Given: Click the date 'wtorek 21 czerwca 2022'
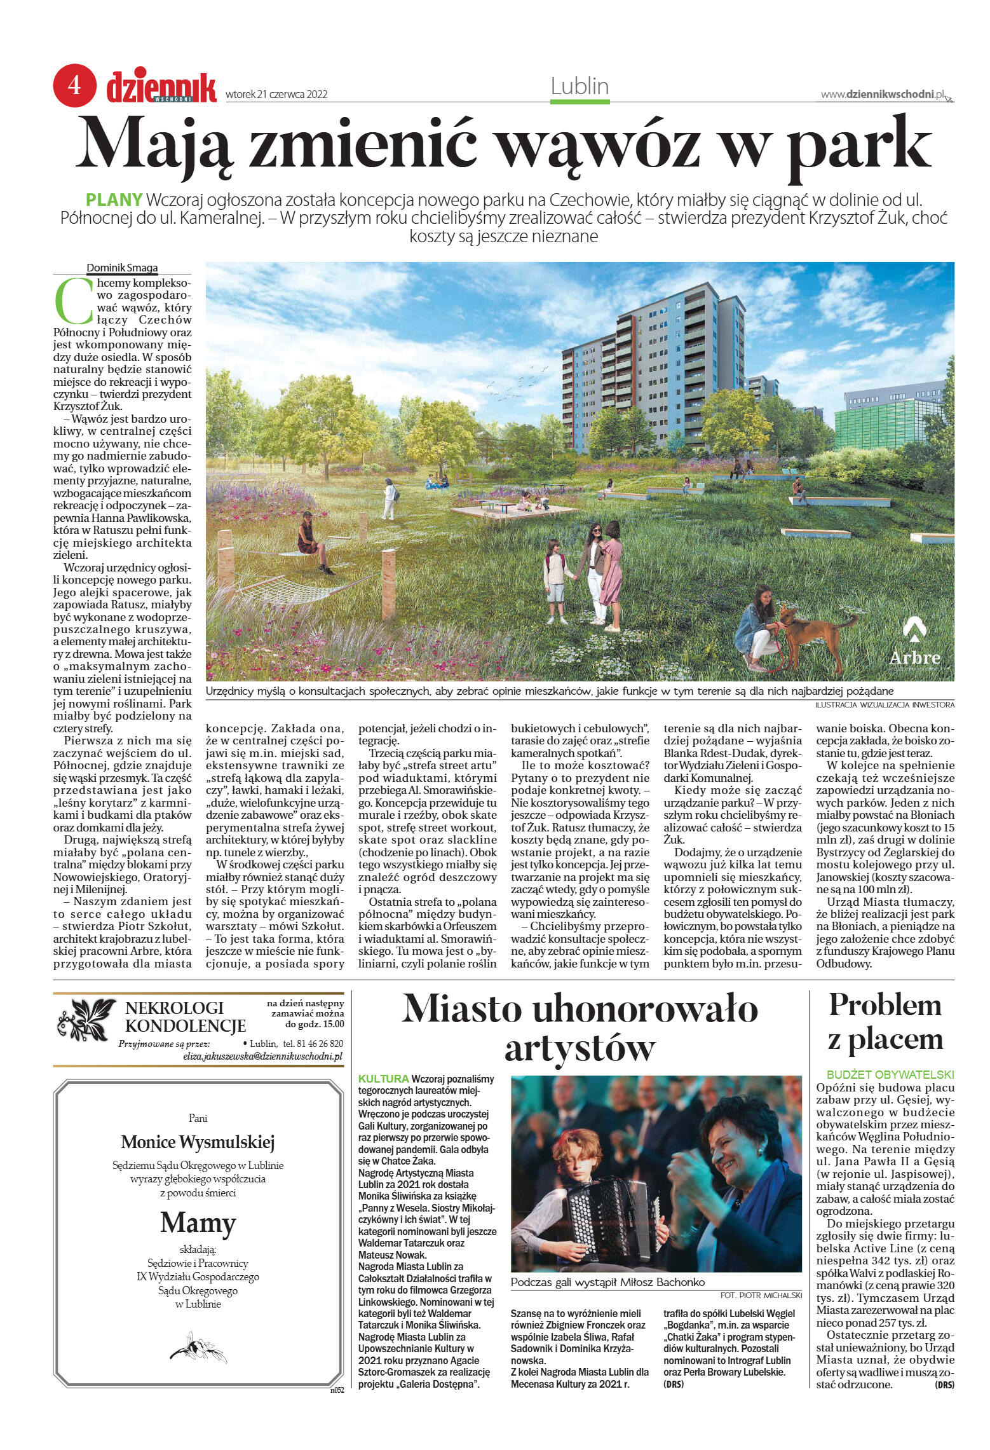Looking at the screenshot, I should point(276,95).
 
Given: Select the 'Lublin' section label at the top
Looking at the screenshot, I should point(580,86).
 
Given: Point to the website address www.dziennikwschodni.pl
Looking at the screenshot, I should point(883,94).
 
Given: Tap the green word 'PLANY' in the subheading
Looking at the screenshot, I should point(114,200).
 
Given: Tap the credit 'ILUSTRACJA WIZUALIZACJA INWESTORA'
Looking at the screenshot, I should point(885,704).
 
